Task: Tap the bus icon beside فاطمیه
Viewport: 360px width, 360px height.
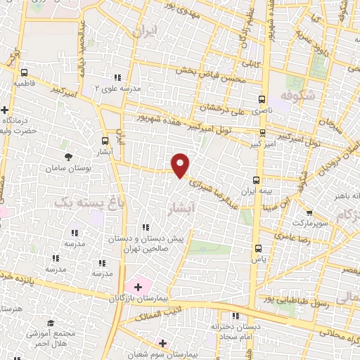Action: [x=25, y=72]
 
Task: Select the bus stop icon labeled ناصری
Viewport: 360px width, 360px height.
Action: [x=262, y=100]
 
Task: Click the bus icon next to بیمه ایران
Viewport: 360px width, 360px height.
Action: [x=257, y=180]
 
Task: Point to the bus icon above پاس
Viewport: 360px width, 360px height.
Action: [x=258, y=247]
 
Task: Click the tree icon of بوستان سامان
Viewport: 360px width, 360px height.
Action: [x=67, y=157]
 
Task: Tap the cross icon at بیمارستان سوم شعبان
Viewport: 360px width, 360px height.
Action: [x=162, y=344]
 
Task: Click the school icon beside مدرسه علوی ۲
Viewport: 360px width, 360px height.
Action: [x=116, y=78]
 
